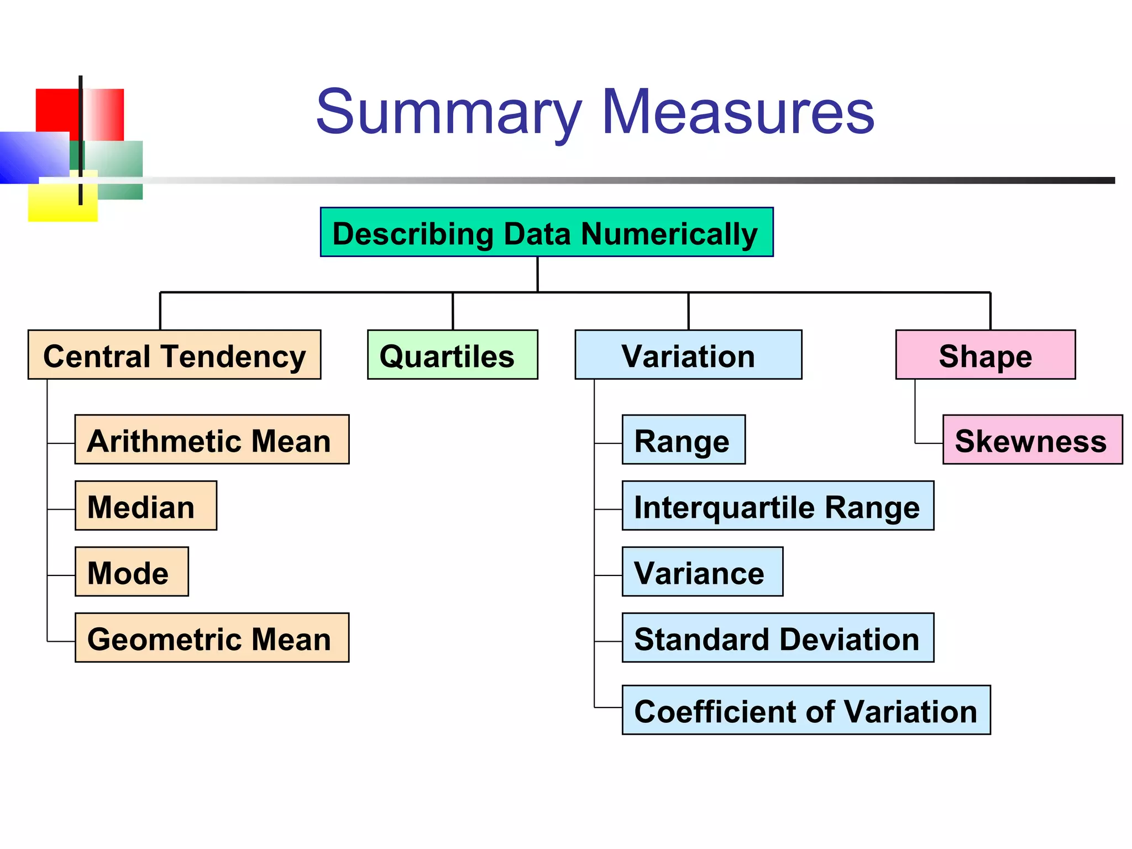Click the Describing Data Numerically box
546,232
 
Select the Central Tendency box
174,355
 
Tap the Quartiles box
452,355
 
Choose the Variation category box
688,355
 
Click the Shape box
985,355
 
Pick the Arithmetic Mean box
212,439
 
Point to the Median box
145,506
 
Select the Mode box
132,572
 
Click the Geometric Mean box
212,637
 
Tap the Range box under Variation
683,439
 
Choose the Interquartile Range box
778,506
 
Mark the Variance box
702,572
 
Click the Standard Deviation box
778,637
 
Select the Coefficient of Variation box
806,710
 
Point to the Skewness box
1032,439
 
